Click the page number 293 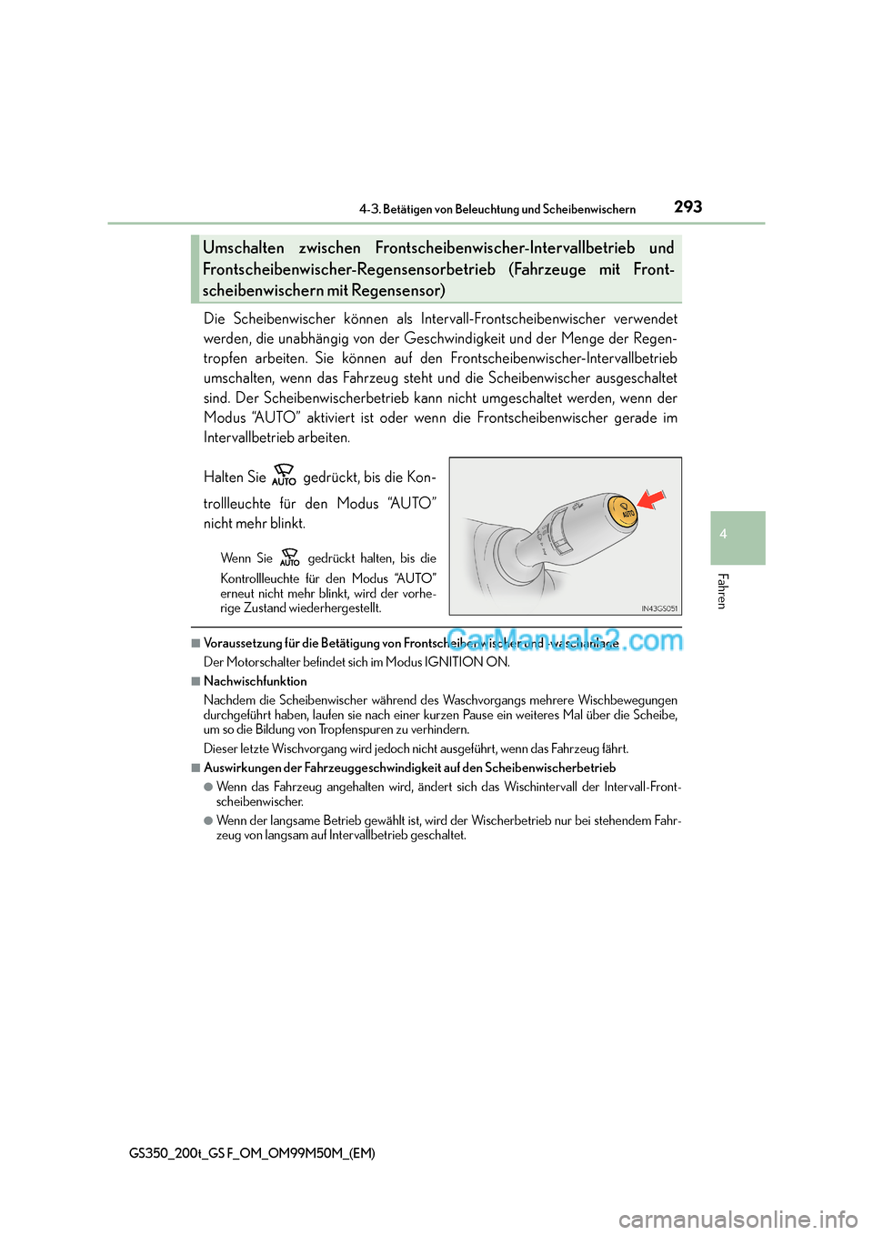tap(687, 206)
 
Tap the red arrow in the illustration tap(652, 498)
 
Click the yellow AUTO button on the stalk tap(624, 511)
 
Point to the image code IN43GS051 tap(659, 608)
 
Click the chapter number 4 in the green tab tap(724, 535)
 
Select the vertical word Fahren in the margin tap(723, 591)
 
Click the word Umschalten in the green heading tap(243, 247)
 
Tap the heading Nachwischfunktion tap(256, 681)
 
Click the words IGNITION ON tap(467, 662)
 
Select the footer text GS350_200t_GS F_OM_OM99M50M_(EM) tap(252, 1152)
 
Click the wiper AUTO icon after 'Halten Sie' tap(284, 475)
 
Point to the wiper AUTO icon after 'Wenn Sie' tap(290, 557)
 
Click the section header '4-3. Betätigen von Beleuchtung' tap(497, 209)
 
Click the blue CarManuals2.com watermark tap(564, 640)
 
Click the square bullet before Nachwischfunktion tap(196, 681)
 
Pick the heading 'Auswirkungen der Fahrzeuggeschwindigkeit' tap(409, 768)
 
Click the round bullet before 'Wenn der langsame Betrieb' tap(208, 820)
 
